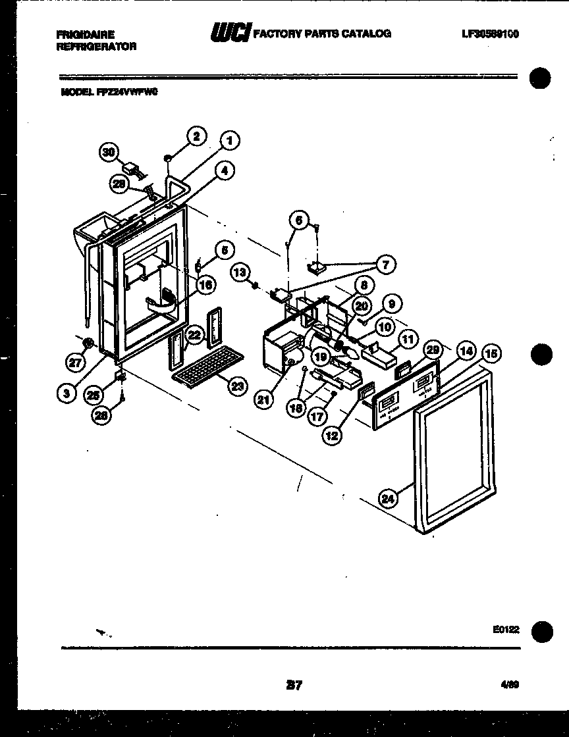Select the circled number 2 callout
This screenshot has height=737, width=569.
(x=196, y=136)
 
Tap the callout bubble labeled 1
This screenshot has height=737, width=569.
(x=229, y=140)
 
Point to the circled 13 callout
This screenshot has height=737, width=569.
(x=239, y=272)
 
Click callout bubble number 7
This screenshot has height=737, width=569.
(x=385, y=265)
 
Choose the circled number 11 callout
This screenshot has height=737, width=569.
(x=408, y=340)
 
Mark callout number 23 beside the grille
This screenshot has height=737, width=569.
(x=236, y=386)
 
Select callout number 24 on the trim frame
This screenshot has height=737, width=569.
(x=388, y=499)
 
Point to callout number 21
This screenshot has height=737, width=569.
(x=264, y=399)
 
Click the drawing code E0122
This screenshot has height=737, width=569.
(x=505, y=630)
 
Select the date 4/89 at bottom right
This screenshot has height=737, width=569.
(x=510, y=684)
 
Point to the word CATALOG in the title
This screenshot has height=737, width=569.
(x=368, y=33)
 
